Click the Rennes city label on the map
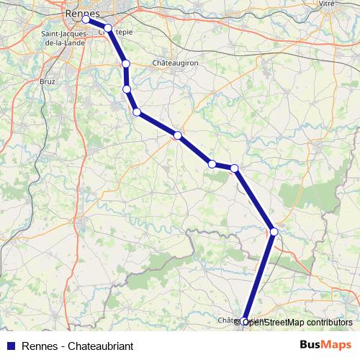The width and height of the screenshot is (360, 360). [x=81, y=12]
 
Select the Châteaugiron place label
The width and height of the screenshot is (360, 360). [x=175, y=63]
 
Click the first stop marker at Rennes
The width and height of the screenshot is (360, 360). [x=86, y=19]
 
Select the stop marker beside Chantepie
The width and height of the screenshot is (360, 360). [x=108, y=28]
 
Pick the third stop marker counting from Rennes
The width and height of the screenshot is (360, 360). [x=126, y=64]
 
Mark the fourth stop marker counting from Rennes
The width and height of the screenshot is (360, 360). [x=127, y=89]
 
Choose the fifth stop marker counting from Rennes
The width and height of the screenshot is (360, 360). [x=136, y=112]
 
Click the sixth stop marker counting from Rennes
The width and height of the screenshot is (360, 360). [x=177, y=135]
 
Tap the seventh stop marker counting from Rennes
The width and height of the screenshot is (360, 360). [x=212, y=164]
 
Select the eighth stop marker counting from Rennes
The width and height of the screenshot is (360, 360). [x=235, y=168]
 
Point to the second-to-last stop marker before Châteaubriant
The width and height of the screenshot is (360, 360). [x=274, y=231]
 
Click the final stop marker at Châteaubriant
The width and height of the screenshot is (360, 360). [x=245, y=322]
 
